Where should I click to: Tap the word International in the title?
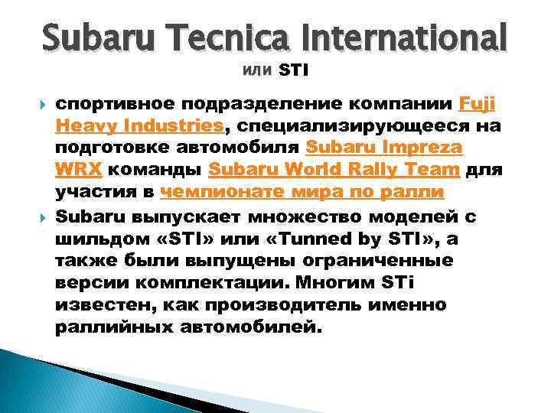click(406, 36)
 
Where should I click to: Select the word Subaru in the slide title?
click(91, 36)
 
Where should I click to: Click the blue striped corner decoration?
click(46, 382)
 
